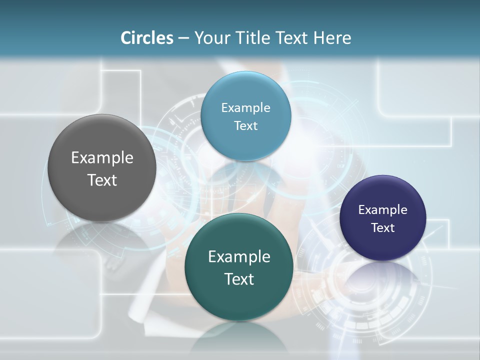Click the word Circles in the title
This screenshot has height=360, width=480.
click(146, 38)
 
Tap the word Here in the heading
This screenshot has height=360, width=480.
click(332, 38)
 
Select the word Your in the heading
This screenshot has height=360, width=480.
click(210, 38)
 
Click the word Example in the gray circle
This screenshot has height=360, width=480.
click(102, 158)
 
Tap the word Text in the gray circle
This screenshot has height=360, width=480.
click(102, 180)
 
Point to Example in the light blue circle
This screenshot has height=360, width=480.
click(245, 107)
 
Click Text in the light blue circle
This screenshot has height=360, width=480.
click(245, 125)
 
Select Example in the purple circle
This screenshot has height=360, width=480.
click(383, 209)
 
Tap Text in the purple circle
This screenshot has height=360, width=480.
click(383, 227)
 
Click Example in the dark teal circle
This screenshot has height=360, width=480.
click(239, 256)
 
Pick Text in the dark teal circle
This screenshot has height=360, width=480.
click(239, 279)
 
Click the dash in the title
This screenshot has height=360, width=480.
click(183, 38)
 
